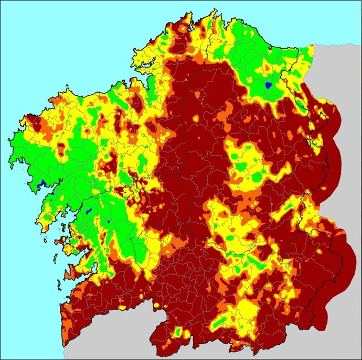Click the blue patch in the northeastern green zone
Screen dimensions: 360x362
click(268, 84)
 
